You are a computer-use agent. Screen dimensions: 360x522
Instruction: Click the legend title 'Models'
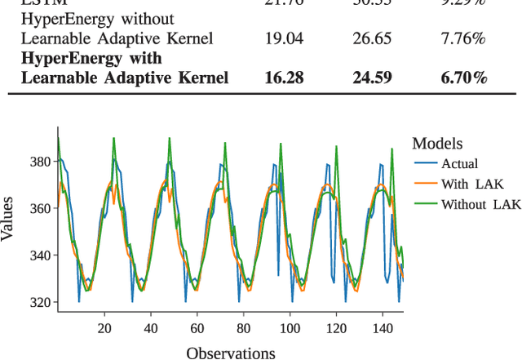coord(438,144)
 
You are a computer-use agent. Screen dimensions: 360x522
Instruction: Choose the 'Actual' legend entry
coord(459,164)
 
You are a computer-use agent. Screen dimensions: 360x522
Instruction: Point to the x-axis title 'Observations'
coord(231,353)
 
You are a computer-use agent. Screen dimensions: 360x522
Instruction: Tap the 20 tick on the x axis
coord(104,328)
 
